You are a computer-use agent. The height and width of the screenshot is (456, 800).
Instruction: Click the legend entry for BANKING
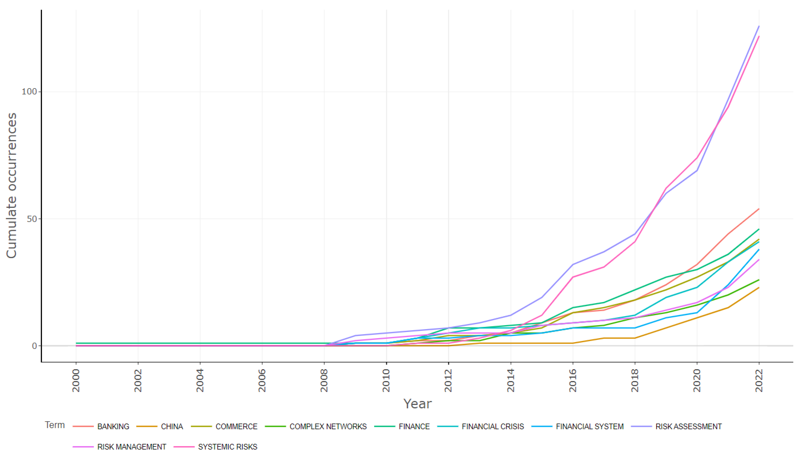[x=113, y=427]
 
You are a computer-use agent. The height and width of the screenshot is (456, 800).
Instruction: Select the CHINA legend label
[x=172, y=427]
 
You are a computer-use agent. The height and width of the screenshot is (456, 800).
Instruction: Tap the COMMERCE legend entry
[x=236, y=427]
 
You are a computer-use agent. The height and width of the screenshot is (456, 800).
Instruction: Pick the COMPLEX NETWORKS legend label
[x=328, y=427]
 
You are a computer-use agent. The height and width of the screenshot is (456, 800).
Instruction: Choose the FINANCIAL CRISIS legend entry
[x=492, y=427]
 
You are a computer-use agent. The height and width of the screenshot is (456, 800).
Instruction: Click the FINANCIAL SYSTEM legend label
[x=589, y=427]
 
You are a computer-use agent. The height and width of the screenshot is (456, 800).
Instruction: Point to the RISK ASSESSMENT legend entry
[x=688, y=427]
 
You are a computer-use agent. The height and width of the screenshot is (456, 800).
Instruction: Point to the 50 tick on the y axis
[x=32, y=219]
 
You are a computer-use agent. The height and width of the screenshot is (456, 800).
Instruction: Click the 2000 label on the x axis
[x=76, y=380]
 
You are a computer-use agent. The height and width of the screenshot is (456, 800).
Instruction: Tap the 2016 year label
[x=573, y=380]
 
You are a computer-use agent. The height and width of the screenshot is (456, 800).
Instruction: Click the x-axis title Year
[x=417, y=404]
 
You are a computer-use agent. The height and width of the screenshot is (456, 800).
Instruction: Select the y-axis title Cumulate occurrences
[x=11, y=185]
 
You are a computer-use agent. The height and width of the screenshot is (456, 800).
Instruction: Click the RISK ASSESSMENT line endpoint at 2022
[x=759, y=26]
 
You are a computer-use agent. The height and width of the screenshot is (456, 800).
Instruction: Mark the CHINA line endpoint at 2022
[x=759, y=287]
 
